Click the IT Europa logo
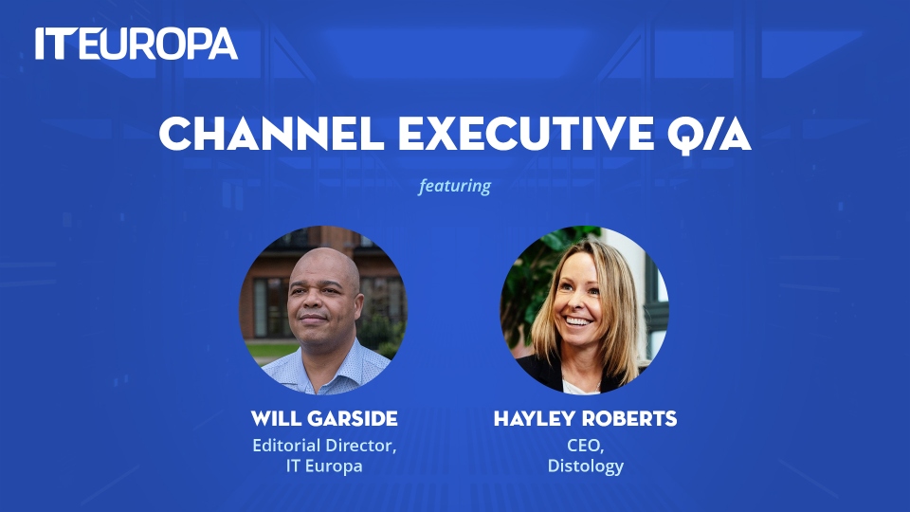pyautogui.click(x=136, y=44)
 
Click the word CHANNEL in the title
pyautogui.click(x=272, y=134)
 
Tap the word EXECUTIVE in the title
pyautogui.click(x=526, y=134)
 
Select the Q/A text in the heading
pyautogui.click(x=709, y=136)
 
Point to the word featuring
pyautogui.click(x=454, y=186)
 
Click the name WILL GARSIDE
pyautogui.click(x=324, y=418)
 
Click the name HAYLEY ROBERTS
pyautogui.click(x=585, y=418)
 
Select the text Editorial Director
pyautogui.click(x=323, y=446)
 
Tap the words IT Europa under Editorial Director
pyautogui.click(x=324, y=466)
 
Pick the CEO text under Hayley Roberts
pyautogui.click(x=584, y=446)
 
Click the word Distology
pyautogui.click(x=586, y=466)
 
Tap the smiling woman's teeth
pyautogui.click(x=577, y=320)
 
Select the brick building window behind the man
pyautogui.click(x=268, y=307)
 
